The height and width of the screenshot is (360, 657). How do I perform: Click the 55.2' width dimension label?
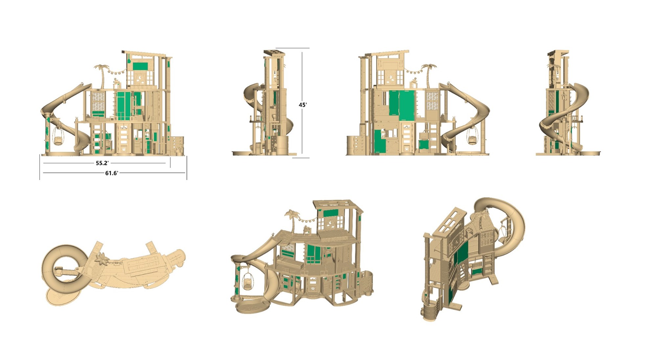[102, 163]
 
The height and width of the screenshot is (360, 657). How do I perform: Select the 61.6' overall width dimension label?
[112, 173]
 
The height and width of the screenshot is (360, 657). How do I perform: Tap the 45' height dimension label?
[303, 105]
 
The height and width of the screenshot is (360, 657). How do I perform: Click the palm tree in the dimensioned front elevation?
[102, 76]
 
